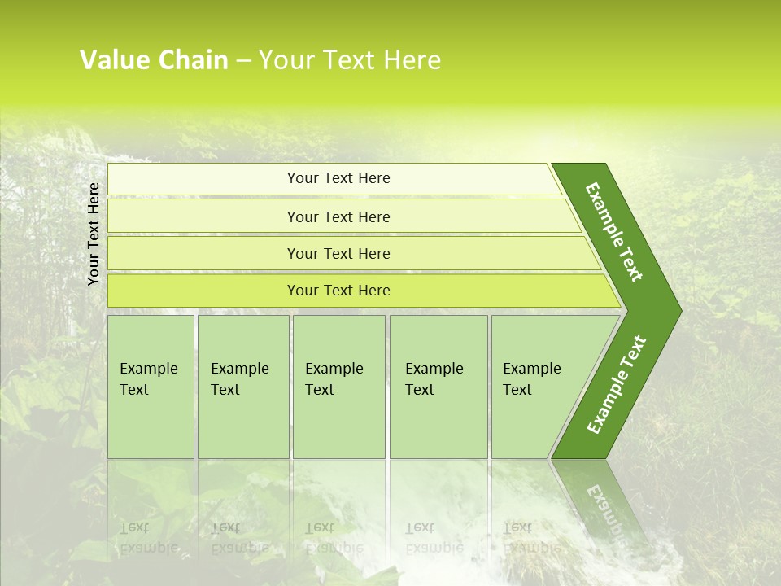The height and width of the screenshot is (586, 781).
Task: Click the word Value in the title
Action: [x=113, y=60]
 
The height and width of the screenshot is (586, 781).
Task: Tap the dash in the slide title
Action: [x=243, y=61]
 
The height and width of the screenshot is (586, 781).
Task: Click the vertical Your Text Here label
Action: [x=94, y=234]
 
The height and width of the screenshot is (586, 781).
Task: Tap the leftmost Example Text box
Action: [x=151, y=387]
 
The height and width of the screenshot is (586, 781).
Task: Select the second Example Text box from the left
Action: [x=242, y=387]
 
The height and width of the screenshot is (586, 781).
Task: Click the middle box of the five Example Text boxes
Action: [x=338, y=387]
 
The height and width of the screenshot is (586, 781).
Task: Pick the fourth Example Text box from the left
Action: [x=438, y=387]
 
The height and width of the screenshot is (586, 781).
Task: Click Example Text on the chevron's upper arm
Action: [x=614, y=232]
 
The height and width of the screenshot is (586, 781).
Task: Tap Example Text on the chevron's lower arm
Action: [x=617, y=384]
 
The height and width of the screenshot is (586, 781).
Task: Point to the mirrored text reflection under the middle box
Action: [x=334, y=537]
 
